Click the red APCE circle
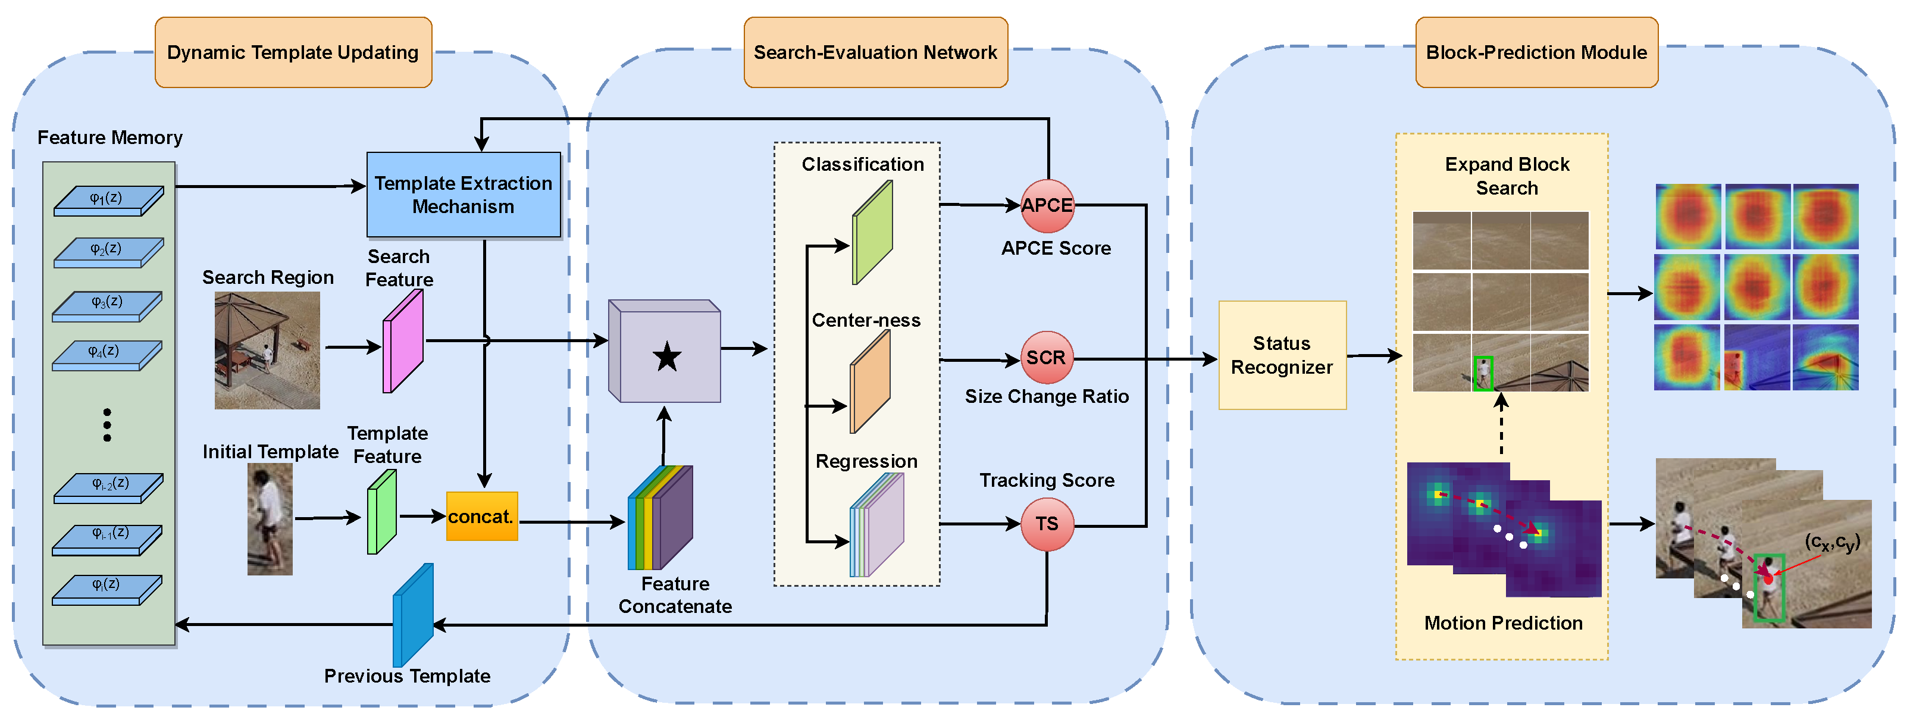coord(1047,205)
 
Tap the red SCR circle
coord(1046,358)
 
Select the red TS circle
coord(1047,524)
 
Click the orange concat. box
coord(481,517)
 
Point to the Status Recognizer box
coord(1282,355)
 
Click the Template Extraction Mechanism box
coord(464,195)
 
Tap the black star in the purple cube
coord(666,358)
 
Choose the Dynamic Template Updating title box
coord(293,52)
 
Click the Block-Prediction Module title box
coord(1536,52)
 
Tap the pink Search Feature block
coord(403,341)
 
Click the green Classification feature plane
coord(872,233)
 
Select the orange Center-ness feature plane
coord(870,382)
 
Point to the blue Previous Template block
coord(412,615)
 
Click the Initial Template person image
coord(270,519)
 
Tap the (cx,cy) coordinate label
coord(1831,543)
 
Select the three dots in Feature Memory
coord(108,425)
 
